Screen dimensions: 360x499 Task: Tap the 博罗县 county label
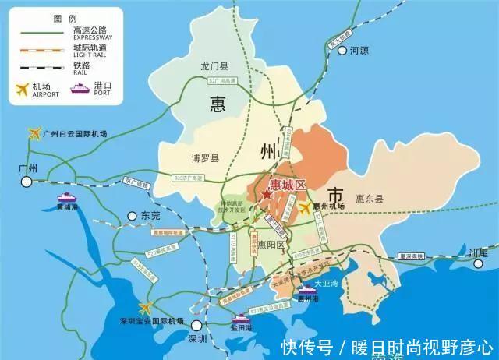coord(206,158)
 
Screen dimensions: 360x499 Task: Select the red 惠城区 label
coord(286,185)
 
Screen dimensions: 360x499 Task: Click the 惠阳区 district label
coord(272,245)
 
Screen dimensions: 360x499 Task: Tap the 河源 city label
coord(358,50)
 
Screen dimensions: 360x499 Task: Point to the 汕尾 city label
coord(489,252)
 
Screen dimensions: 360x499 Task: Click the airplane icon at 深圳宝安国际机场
coord(145,309)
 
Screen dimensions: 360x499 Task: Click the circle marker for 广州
coord(27,181)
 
